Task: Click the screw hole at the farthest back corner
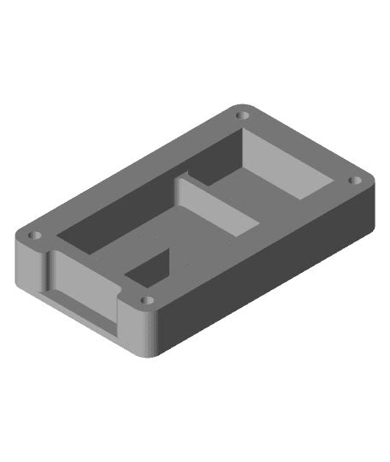(243, 114)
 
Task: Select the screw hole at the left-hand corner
(34, 234)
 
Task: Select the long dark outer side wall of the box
(274, 274)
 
